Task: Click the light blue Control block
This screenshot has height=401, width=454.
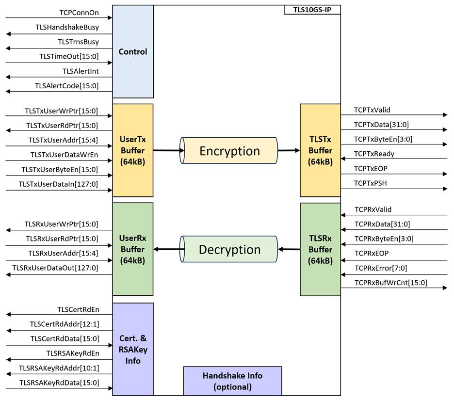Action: click(133, 51)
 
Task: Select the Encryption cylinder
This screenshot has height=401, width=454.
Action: click(229, 150)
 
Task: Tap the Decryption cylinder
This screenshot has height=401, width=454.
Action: click(229, 249)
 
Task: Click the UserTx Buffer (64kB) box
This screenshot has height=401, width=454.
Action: click(133, 150)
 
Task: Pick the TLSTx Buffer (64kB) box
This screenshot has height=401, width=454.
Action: click(320, 150)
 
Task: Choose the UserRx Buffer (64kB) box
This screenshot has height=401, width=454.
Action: click(133, 249)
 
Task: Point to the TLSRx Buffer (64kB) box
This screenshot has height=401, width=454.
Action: click(320, 249)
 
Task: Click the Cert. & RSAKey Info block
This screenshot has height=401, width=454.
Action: click(133, 349)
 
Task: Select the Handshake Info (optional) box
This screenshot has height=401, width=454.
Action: click(232, 381)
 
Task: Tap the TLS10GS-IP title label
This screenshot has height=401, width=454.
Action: click(312, 10)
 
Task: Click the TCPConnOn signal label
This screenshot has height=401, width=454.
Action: click(79, 13)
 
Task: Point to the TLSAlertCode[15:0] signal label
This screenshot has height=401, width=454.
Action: click(67, 86)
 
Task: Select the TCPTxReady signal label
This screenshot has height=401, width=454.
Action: click(374, 154)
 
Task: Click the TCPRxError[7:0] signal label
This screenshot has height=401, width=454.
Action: click(381, 268)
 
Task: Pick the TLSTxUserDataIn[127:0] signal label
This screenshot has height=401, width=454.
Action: click(58, 184)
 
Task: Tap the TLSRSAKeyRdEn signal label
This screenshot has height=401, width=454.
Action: click(73, 353)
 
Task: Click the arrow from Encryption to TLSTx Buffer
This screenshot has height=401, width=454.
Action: click(289, 150)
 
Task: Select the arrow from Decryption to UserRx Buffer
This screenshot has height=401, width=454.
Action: click(169, 249)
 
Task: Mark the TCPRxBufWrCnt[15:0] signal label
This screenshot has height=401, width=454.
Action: click(391, 283)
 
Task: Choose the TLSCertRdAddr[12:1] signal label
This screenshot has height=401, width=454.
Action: click(65, 324)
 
